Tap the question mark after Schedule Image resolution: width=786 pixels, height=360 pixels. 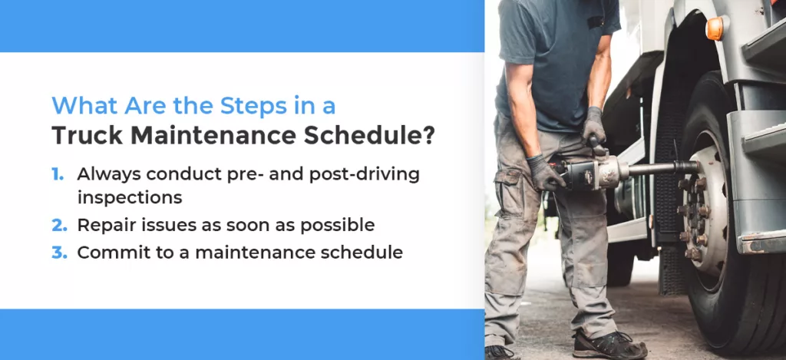428,135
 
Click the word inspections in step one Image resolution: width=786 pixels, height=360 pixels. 129,198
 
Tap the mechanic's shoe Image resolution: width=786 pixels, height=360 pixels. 609,344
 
